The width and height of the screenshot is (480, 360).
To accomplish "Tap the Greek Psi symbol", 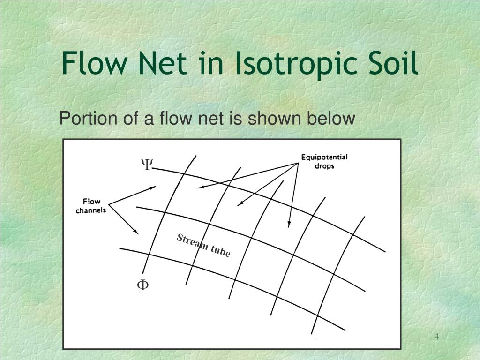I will click(147, 165).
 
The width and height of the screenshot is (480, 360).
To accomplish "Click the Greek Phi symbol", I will click(142, 285).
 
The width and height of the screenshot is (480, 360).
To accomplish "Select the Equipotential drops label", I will click(324, 161).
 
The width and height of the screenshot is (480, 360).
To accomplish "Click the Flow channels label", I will click(91, 206).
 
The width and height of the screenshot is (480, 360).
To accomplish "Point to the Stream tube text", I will click(203, 246).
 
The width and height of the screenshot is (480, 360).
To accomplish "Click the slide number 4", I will click(436, 337).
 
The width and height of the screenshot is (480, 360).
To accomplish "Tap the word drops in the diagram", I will click(324, 166).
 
